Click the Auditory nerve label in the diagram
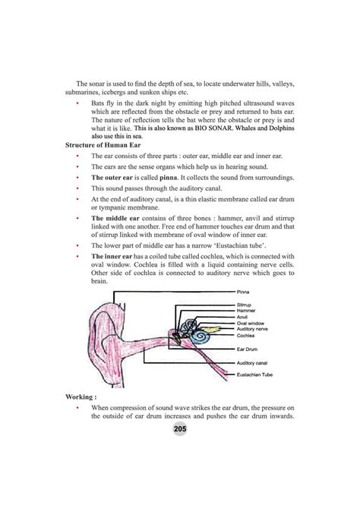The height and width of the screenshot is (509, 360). tap(252, 328)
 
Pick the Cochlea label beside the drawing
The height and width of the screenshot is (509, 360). tap(245, 335)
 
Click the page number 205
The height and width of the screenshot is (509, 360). tap(180, 430)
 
